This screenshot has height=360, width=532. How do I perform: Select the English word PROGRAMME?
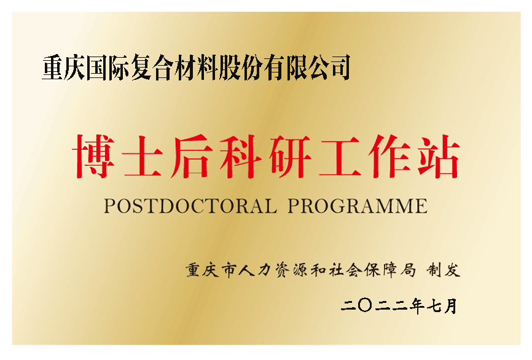(x=357, y=206)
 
